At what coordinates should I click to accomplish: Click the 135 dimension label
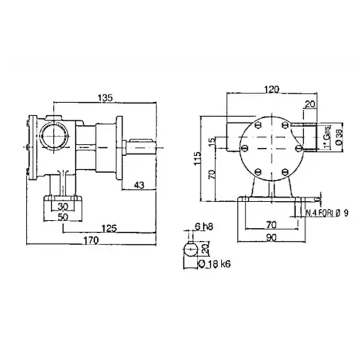tap(105, 97)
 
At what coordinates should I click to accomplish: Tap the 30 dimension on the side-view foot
tap(64, 207)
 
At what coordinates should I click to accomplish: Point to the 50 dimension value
tap(64, 217)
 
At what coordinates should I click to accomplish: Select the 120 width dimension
tap(272, 90)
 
